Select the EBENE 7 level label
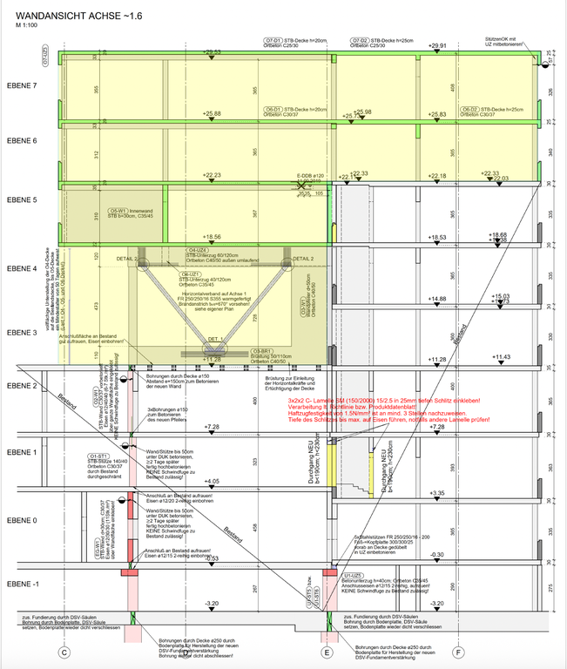[23, 86]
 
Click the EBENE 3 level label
[23, 333]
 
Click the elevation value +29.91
[437, 45]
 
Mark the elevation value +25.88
[212, 114]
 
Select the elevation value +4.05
[211, 481]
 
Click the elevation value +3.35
[437, 494]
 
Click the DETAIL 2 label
[303, 259]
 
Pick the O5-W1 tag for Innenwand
[118, 211]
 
